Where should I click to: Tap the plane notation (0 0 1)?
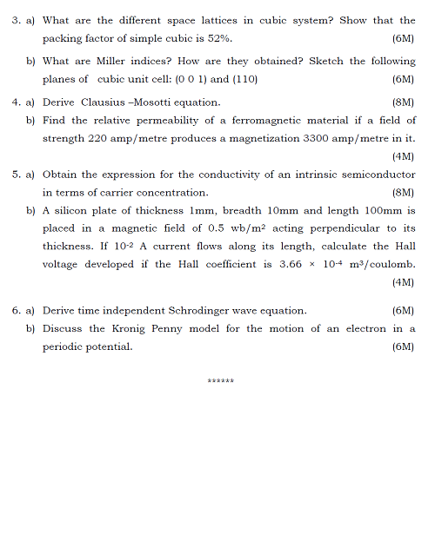click(x=191, y=79)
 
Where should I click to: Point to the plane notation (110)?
click(x=246, y=79)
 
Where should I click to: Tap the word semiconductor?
click(x=378, y=175)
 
